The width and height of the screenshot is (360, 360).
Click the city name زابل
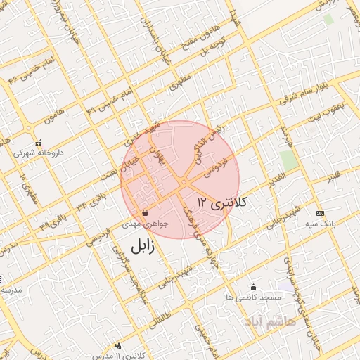(141, 247)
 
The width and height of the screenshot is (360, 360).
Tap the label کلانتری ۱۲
(224, 202)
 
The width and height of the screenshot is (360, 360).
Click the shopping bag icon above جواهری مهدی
(145, 212)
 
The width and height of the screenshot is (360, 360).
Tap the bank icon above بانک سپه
(321, 213)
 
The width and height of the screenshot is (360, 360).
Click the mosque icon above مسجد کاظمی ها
(253, 288)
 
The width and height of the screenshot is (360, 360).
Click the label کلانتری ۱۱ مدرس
(117, 356)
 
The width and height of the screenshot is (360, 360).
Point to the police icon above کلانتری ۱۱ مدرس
(117, 345)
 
